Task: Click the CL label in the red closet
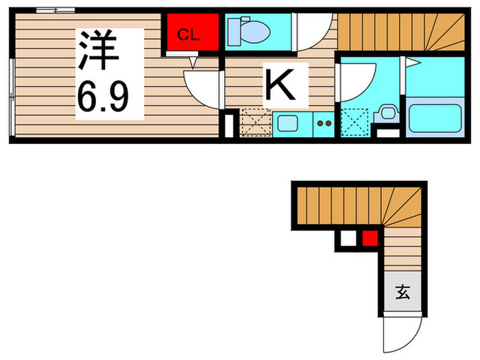(x=189, y=35)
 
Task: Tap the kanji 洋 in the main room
(x=94, y=51)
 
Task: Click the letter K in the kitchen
(x=278, y=85)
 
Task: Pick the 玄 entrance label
(x=402, y=293)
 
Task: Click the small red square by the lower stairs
(x=370, y=239)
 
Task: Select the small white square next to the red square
(x=348, y=239)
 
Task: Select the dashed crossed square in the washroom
(x=355, y=123)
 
